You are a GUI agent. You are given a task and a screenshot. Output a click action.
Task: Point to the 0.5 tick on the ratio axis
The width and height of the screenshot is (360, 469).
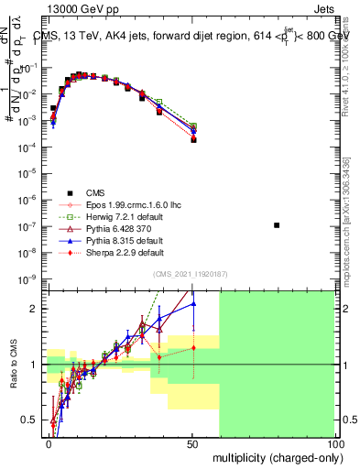coord(31,420)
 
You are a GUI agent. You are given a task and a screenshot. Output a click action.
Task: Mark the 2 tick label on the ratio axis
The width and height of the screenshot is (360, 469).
coord(35,309)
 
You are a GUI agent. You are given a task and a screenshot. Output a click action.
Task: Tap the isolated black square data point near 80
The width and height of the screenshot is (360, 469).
coord(278,225)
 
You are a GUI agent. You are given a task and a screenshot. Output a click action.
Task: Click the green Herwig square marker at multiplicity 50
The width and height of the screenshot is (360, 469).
coord(193,125)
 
